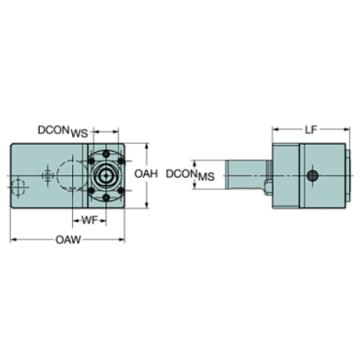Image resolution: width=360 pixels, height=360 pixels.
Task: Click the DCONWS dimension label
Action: (x=62, y=132)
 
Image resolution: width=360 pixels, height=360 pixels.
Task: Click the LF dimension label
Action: (x=310, y=129)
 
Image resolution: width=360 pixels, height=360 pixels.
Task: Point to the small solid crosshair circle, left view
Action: (x=47, y=176)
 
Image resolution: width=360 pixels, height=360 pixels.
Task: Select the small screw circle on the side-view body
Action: (x=314, y=176)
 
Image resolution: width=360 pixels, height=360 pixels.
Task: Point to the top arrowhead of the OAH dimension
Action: (x=149, y=146)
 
